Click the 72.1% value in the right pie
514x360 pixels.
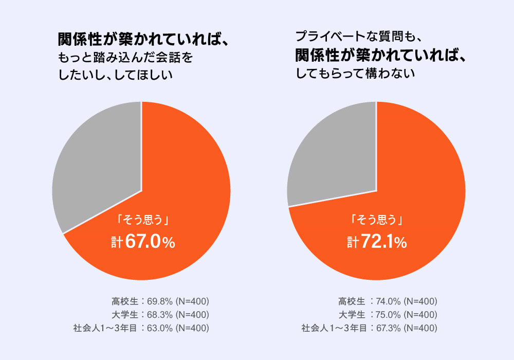click(382, 242)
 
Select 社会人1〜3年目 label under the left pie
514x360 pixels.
click(104, 328)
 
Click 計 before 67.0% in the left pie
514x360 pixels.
click(117, 243)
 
